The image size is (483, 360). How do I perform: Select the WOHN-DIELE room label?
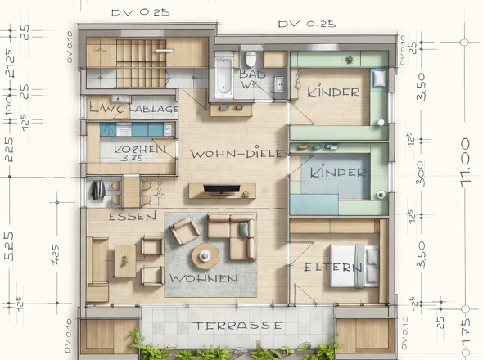tap(237, 153)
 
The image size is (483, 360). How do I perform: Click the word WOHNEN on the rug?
tap(203, 279)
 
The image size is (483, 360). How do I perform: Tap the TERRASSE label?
tap(238, 325)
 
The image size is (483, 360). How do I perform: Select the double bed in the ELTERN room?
tap(354, 265)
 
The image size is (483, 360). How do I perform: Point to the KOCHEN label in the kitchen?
tap(133, 150)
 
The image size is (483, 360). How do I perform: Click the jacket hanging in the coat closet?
tap(97, 190)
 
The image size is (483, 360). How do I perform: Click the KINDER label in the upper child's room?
tap(333, 92)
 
